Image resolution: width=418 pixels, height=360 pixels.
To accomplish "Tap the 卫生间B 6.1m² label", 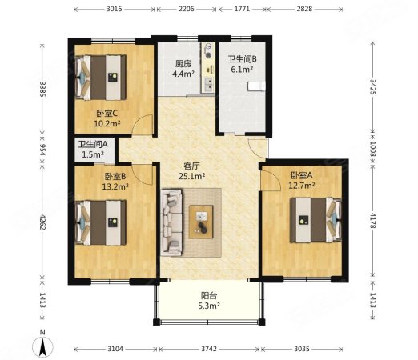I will point(241,65).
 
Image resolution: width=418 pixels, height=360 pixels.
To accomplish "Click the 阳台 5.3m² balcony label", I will point(208,299).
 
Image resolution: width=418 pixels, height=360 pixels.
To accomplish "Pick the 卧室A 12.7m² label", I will point(303,181).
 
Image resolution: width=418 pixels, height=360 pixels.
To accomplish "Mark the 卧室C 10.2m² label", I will point(108,118).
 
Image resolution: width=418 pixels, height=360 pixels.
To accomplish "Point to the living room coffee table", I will point(202,217).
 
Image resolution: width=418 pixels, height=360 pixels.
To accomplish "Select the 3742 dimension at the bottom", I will point(208,350).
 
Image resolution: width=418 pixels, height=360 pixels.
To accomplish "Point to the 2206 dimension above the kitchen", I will point(185,9).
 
